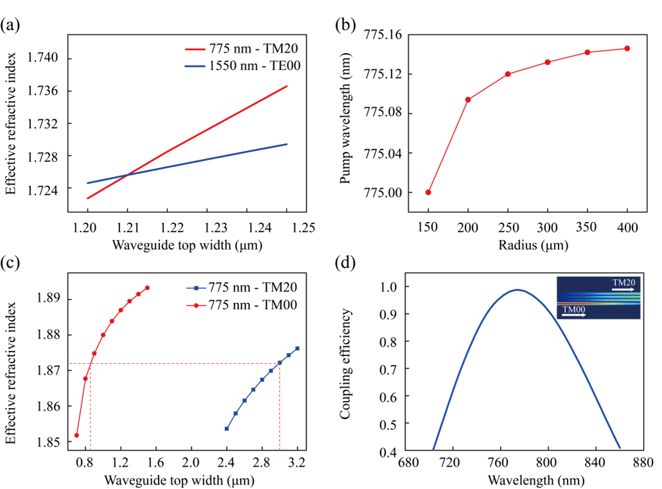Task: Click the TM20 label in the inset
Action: [623, 282]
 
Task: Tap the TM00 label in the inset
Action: [573, 309]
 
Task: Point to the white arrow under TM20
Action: [623, 289]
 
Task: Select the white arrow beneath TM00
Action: [574, 315]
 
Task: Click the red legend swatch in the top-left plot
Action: [195, 49]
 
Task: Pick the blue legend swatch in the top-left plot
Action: [195, 66]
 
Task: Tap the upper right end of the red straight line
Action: [286, 86]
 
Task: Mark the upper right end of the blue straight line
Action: [286, 144]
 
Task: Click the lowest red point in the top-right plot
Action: [428, 192]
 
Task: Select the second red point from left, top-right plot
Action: [468, 99]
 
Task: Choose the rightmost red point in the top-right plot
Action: [627, 48]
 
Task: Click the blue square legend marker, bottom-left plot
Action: [196, 288]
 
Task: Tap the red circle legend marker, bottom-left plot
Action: [196, 305]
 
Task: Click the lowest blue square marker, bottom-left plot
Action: [227, 428]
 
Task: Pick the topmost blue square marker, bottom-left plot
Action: [298, 348]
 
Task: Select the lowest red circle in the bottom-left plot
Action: [76, 435]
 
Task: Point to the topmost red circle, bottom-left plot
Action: [147, 287]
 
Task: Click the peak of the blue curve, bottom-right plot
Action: [518, 289]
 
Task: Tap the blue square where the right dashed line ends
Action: [280, 363]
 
